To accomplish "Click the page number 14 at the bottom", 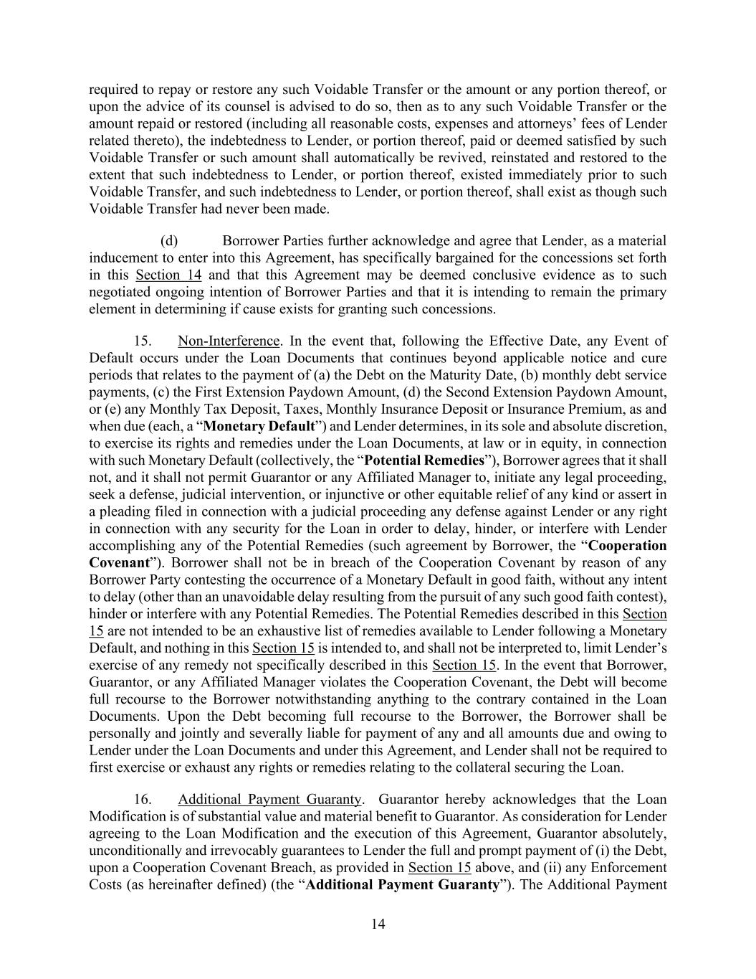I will (378, 924).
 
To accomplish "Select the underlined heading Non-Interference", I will (229, 341).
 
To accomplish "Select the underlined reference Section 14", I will (168, 275).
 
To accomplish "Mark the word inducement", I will (121, 257).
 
